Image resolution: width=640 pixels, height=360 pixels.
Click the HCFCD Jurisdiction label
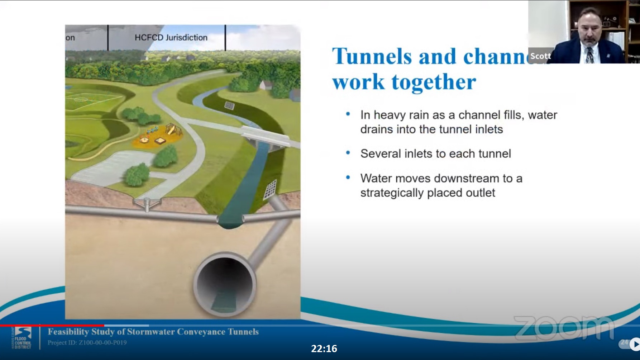pos(171,37)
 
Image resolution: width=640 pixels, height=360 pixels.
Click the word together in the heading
pos(434,82)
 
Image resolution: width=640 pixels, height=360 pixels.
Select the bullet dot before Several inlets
pos(348,153)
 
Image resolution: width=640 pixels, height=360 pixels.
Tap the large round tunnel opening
pos(225,285)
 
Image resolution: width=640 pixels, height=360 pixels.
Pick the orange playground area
pos(158,136)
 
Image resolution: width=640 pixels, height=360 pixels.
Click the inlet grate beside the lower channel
pos(270,189)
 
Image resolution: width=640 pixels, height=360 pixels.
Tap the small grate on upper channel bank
pos(229,105)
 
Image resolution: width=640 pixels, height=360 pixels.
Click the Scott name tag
pos(540,56)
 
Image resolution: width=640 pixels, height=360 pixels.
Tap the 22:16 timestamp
pos(324,349)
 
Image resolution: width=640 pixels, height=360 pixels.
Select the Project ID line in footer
pos(87,342)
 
